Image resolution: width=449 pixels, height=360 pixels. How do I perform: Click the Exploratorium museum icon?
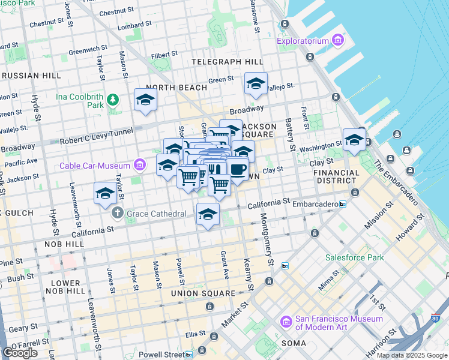(338, 41)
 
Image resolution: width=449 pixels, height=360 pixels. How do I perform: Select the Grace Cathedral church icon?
(118, 213)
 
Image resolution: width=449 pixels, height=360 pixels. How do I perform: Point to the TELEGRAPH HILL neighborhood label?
(227, 62)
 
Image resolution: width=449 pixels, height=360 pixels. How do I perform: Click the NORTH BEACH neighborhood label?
(176, 88)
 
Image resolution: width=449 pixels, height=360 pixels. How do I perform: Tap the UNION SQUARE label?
(202, 293)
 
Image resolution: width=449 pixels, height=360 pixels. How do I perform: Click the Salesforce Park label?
(354, 257)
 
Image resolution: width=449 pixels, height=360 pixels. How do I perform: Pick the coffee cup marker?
(238, 169)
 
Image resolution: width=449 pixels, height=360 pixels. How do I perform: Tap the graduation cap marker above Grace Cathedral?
(104, 194)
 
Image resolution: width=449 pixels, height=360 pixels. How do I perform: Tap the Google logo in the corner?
(20, 352)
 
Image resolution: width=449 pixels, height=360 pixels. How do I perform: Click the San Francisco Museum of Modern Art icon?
(286, 323)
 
